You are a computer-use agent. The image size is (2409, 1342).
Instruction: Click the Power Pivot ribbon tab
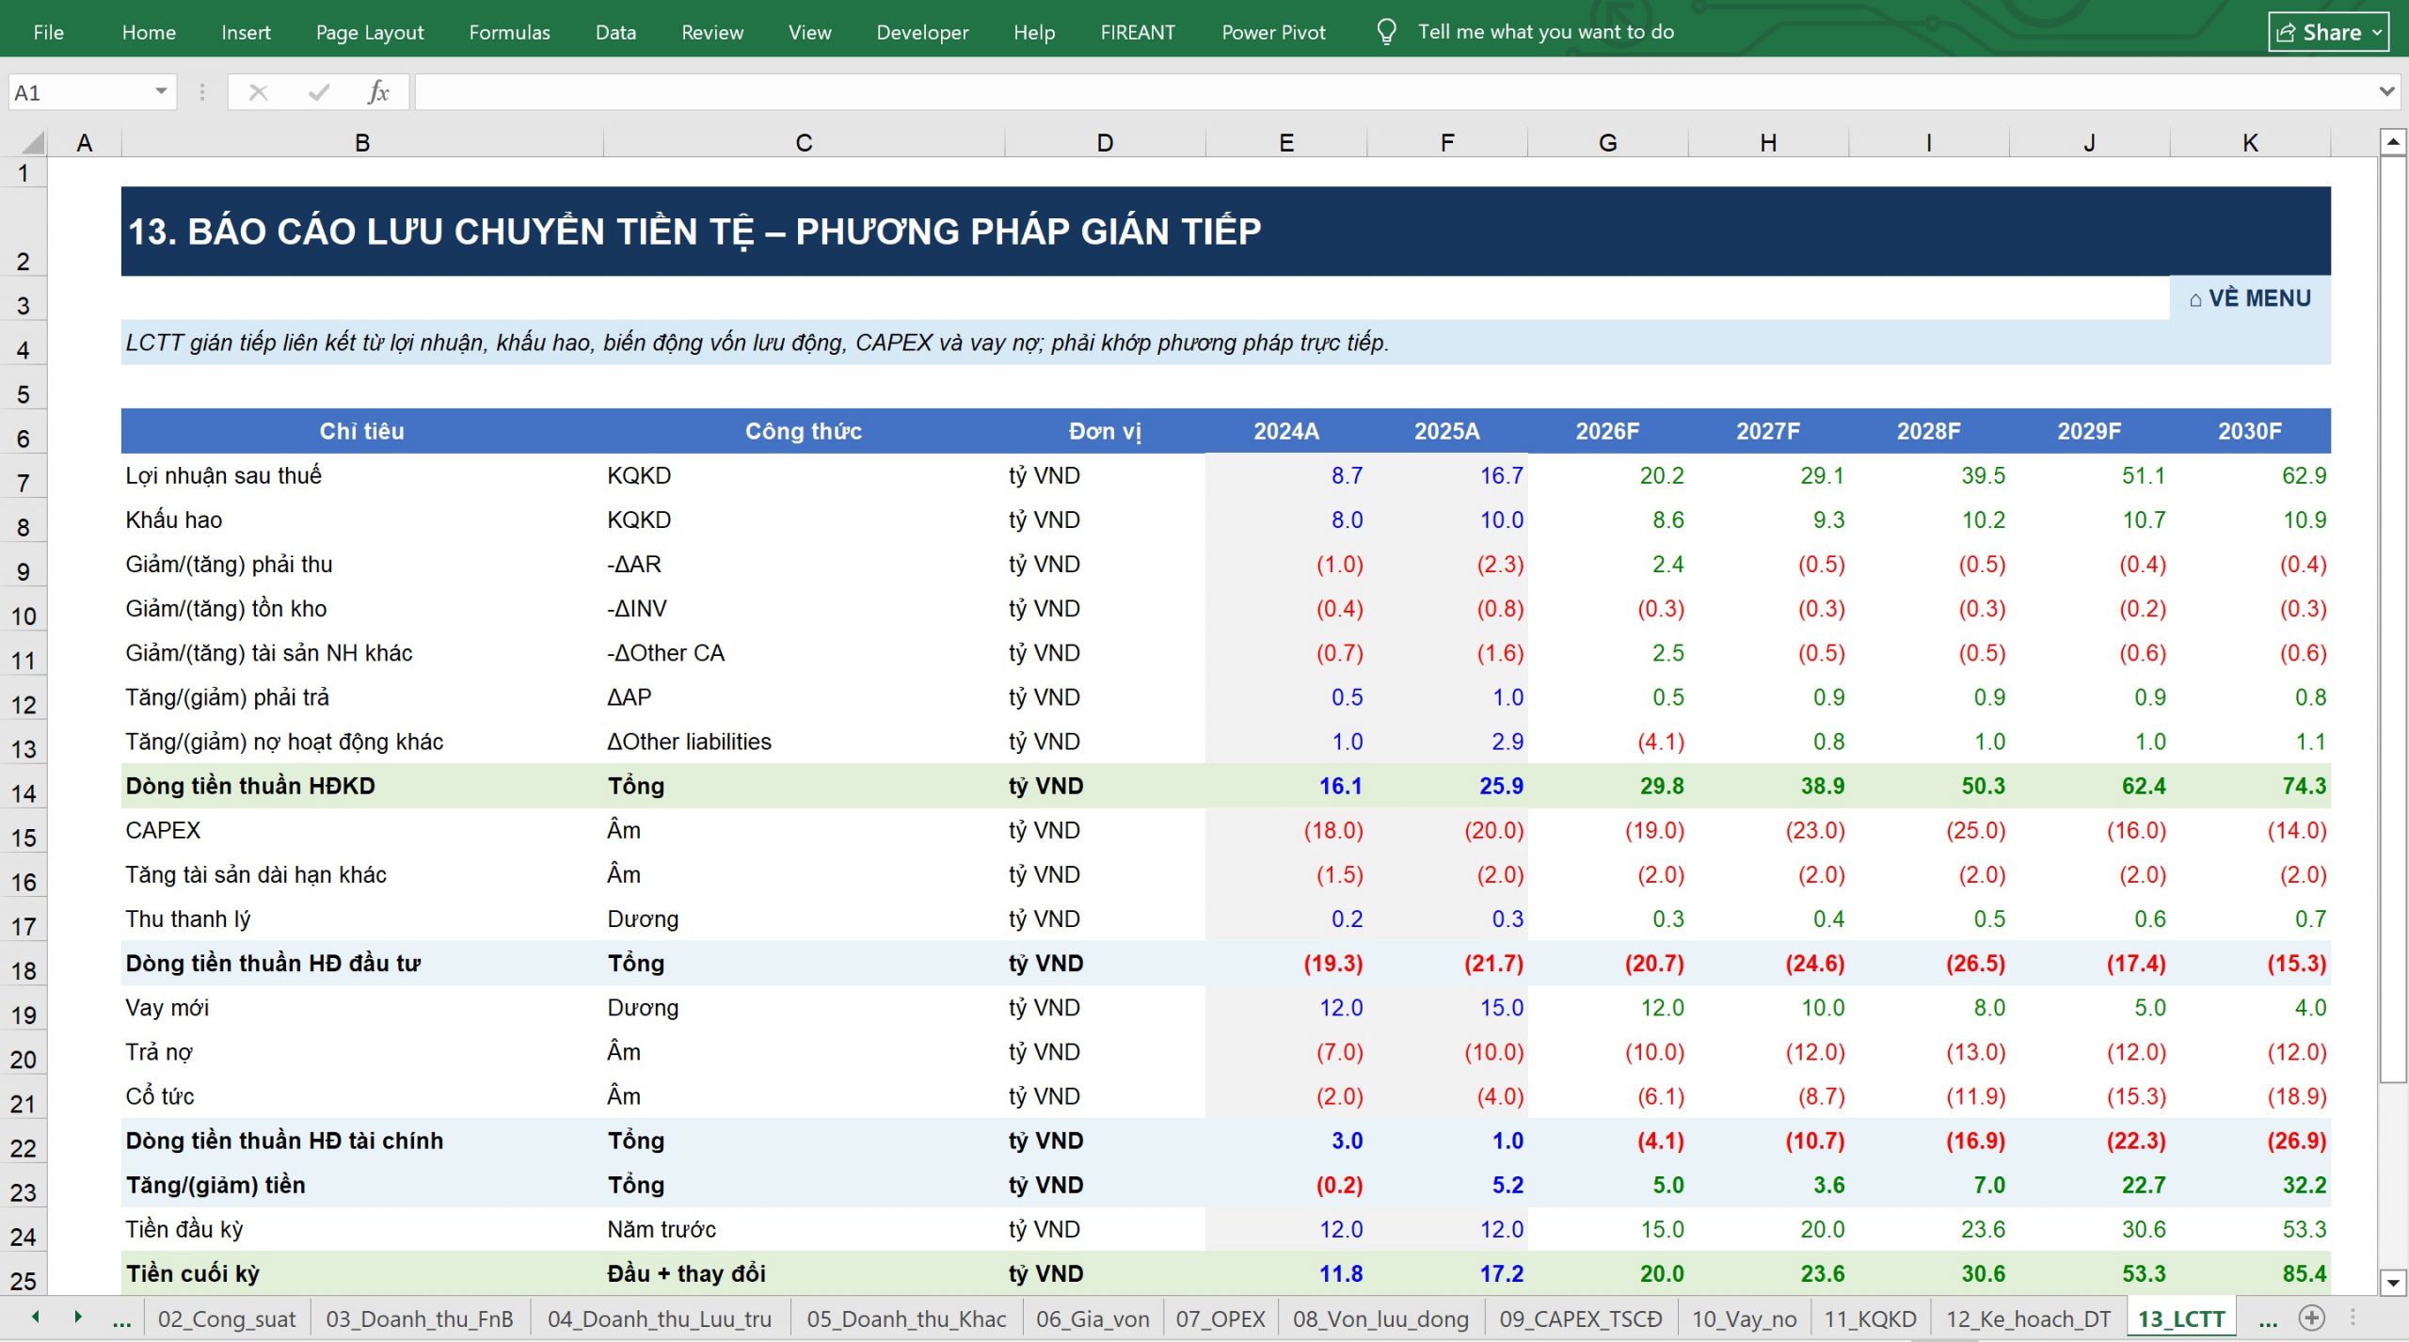point(1273,32)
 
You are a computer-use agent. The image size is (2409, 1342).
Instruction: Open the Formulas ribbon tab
point(509,32)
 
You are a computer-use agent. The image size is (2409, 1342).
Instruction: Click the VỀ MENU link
point(2250,298)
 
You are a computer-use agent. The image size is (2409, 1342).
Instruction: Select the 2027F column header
point(1768,431)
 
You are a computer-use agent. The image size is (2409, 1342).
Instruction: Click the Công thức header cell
point(804,431)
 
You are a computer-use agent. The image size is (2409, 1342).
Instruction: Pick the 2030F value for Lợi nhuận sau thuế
point(2304,475)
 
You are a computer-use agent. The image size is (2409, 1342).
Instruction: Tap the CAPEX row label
point(163,830)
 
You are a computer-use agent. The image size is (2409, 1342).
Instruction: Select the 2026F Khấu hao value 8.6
point(1667,519)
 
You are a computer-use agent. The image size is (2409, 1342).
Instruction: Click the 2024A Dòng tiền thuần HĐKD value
point(1340,786)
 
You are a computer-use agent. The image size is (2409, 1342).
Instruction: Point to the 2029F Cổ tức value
point(2136,1096)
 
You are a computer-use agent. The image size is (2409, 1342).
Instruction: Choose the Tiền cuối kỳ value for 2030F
point(2304,1273)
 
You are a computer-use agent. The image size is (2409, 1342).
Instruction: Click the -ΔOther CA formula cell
point(665,653)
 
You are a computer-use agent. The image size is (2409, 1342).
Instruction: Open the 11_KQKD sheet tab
point(1870,1318)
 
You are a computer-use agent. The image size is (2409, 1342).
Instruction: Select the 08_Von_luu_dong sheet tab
point(1380,1318)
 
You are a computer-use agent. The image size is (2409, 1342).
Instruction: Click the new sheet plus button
point(2312,1318)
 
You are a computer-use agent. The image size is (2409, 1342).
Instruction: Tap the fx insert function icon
point(378,92)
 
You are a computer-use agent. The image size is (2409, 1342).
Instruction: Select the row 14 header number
point(24,792)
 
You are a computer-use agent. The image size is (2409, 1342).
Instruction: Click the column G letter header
point(1607,143)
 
